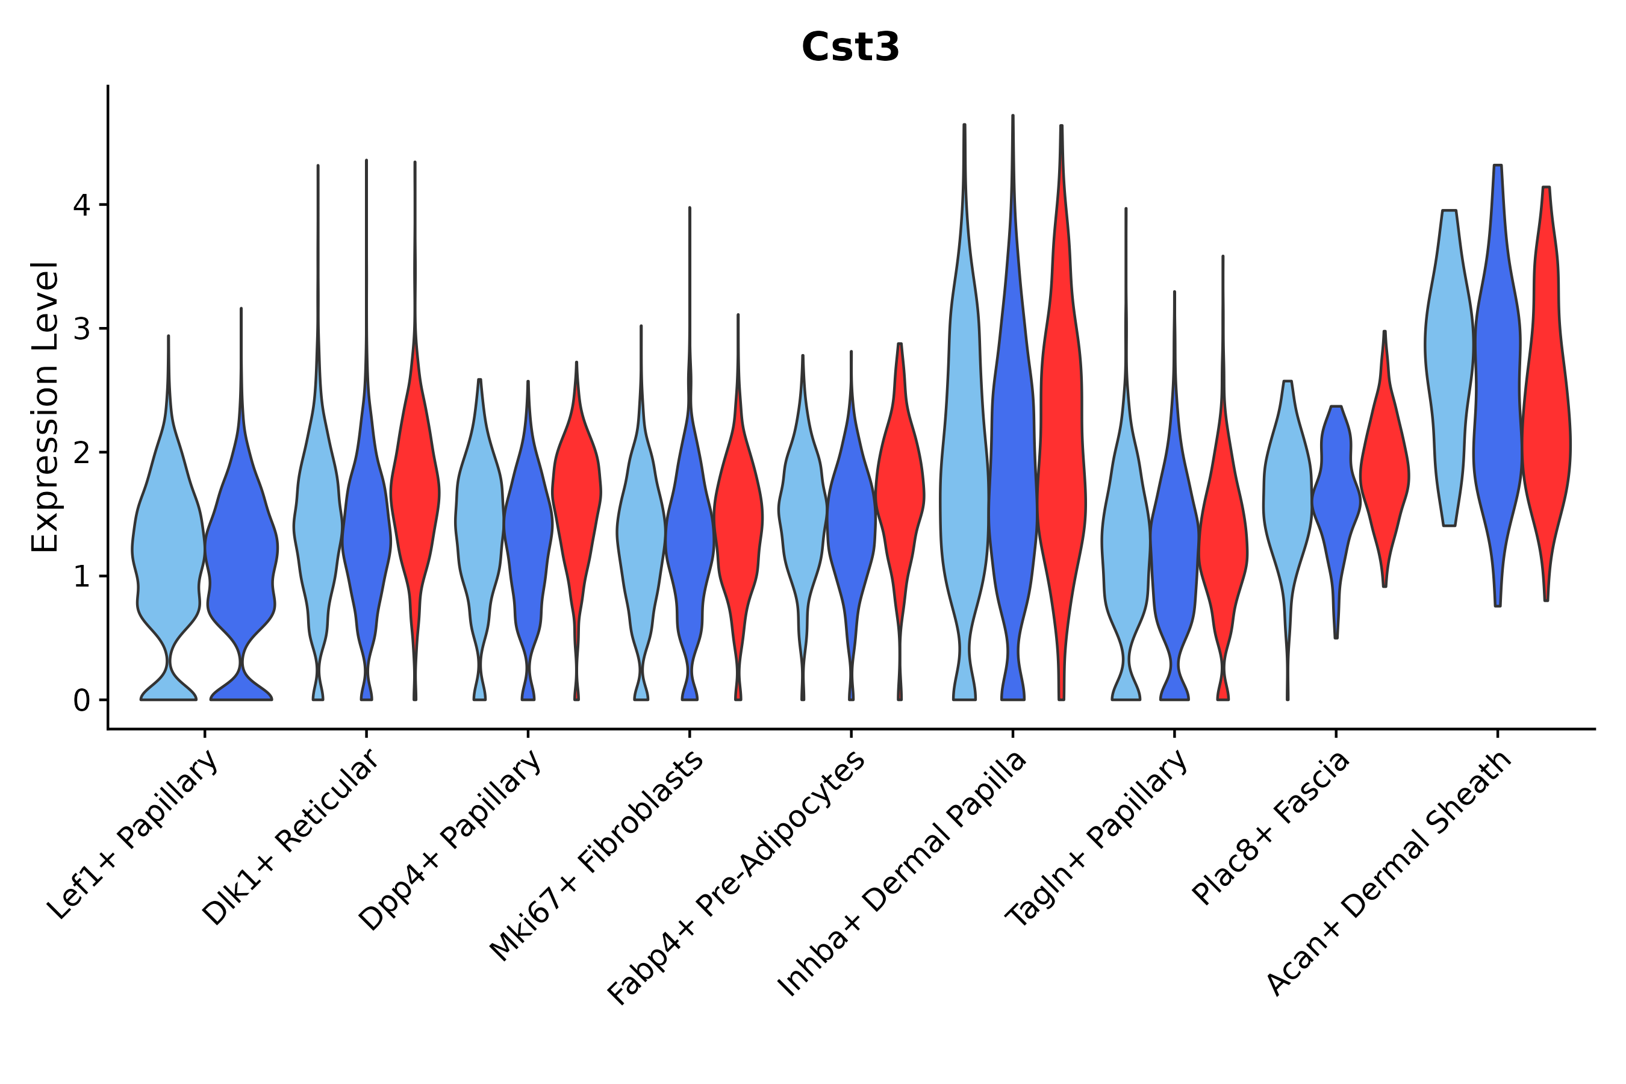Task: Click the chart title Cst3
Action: pyautogui.click(x=850, y=48)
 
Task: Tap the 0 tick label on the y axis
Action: pyautogui.click(x=81, y=701)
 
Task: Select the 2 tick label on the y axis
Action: pyautogui.click(x=81, y=453)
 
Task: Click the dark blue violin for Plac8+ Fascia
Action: pyautogui.click(x=1336, y=498)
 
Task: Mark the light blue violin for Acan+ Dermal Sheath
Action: pyautogui.click(x=1449, y=360)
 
